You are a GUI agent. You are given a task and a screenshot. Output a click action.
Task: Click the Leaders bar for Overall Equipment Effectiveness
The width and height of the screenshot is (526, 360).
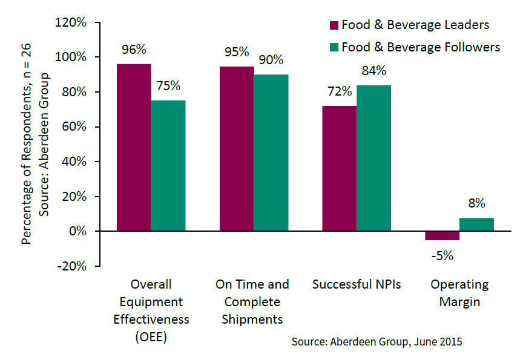point(134,148)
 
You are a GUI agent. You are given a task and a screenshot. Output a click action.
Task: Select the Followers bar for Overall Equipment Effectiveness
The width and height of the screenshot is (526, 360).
point(168,166)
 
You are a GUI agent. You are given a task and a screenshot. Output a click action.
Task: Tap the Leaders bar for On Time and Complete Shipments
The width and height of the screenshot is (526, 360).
point(237,149)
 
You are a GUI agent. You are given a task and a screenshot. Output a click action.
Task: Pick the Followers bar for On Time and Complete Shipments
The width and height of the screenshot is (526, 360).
point(271,153)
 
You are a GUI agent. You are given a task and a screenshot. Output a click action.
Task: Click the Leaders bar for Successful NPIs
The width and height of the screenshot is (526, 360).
point(340,169)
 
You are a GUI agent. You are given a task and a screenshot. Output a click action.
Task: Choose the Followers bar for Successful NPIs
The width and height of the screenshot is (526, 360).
point(374,159)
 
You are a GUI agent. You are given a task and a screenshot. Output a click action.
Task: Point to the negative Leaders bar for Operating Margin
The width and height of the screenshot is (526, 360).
point(442,236)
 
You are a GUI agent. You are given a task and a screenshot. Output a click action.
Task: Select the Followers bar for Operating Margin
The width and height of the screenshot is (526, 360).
point(477,224)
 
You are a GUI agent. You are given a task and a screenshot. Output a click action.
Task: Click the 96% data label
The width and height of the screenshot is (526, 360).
point(134,49)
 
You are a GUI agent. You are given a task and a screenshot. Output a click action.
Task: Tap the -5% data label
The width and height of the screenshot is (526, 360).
point(442,255)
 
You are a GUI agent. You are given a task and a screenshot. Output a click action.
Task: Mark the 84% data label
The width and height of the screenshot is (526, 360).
point(374,71)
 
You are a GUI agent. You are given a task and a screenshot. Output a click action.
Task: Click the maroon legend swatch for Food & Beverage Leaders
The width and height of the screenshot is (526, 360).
point(334,25)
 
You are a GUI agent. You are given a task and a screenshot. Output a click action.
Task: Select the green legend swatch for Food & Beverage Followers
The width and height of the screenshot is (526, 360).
point(334,47)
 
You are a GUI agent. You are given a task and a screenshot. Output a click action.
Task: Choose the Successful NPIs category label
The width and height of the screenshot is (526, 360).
point(357,284)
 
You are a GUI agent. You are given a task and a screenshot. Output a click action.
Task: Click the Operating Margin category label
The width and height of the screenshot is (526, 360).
point(459,293)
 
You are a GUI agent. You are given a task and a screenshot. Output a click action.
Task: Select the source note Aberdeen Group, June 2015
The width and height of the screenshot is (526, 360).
point(376,342)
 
